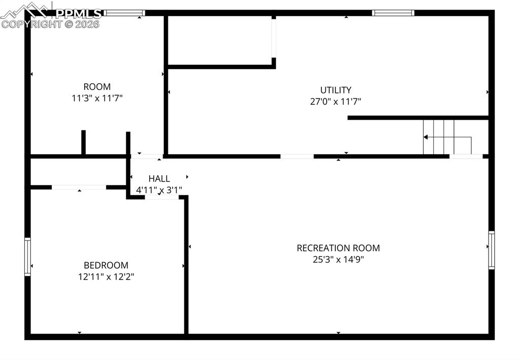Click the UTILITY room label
click(x=335, y=90)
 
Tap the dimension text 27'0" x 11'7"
click(x=335, y=101)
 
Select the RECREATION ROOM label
click(x=338, y=248)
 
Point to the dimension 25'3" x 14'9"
click(x=338, y=259)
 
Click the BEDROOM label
click(x=106, y=265)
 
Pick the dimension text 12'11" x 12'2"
click(x=106, y=276)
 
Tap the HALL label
click(x=159, y=178)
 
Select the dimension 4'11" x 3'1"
click(x=159, y=190)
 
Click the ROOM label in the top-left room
click(x=97, y=87)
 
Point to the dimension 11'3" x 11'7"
click(x=97, y=98)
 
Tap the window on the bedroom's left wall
click(x=28, y=257)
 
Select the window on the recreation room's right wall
click(x=491, y=250)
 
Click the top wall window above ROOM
click(x=125, y=13)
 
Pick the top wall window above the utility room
click(x=393, y=13)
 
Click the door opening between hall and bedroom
click(x=162, y=197)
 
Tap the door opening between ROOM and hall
click(x=147, y=156)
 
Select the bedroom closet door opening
click(x=79, y=187)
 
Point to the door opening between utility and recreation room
click(x=297, y=156)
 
